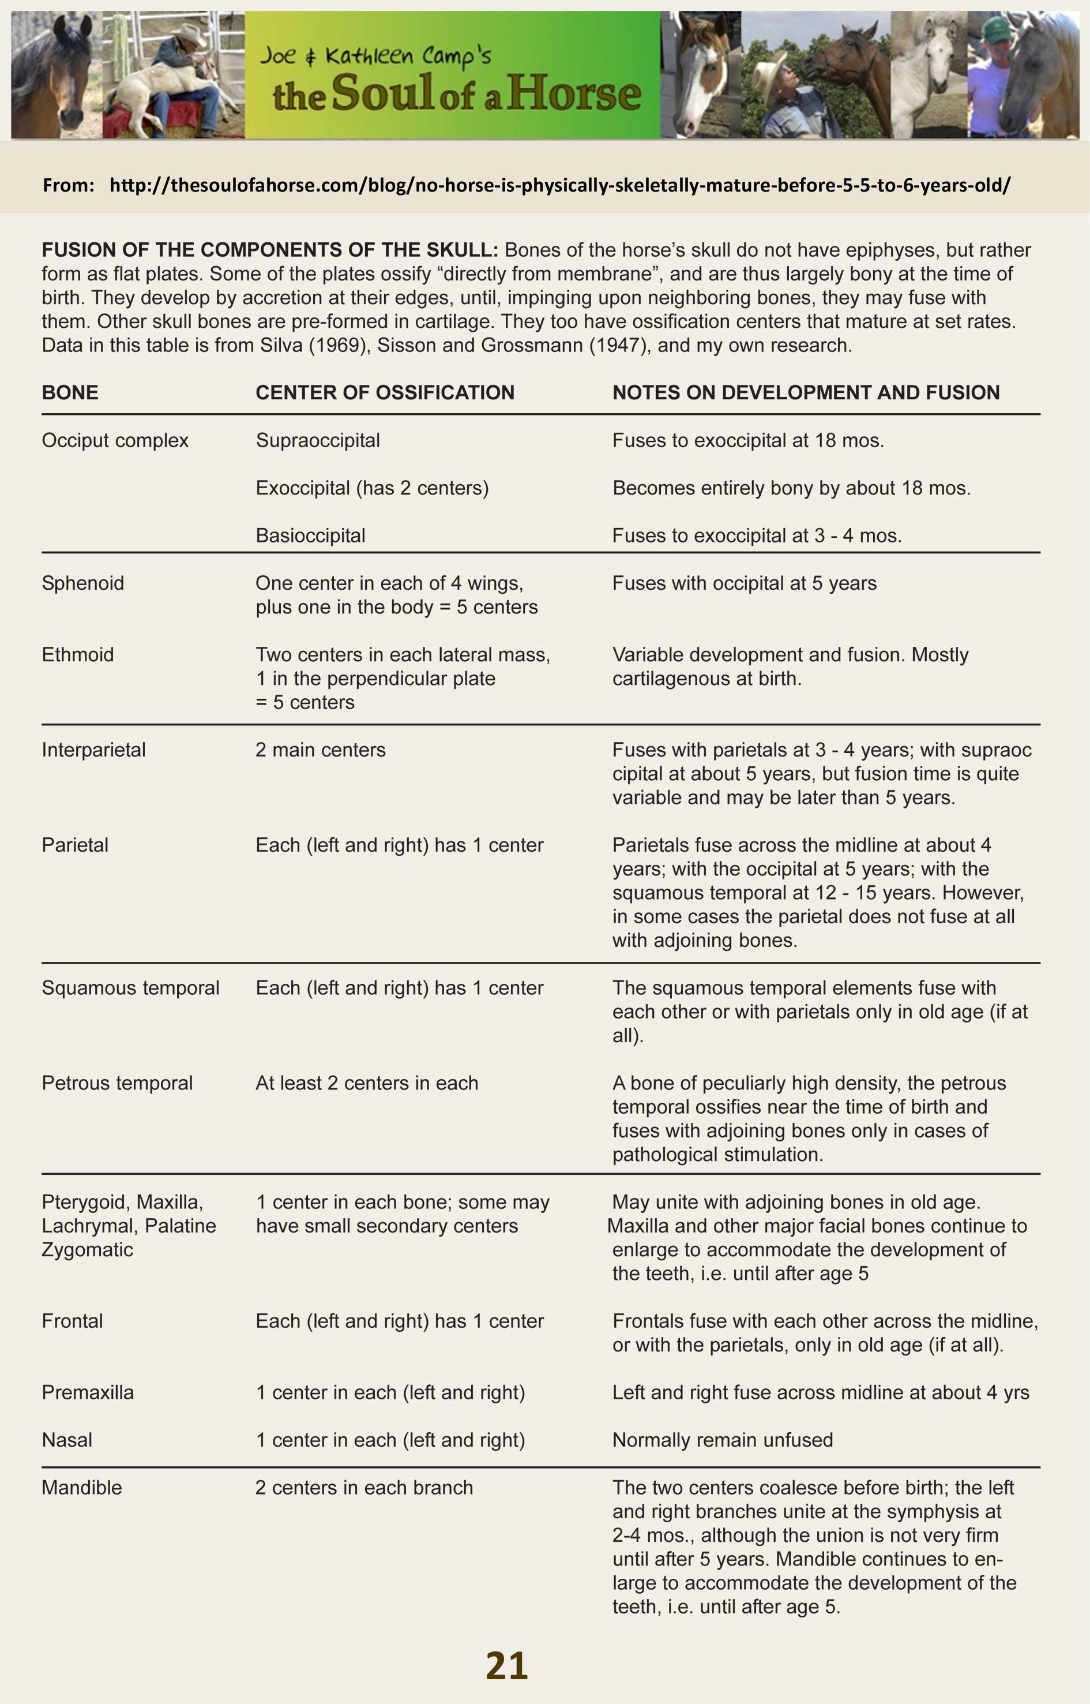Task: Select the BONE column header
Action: click(70, 392)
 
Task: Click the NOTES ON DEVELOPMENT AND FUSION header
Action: click(806, 392)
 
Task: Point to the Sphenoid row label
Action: click(83, 583)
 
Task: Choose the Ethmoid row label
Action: click(78, 654)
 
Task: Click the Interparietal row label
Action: click(93, 750)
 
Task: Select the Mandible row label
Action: click(81, 1487)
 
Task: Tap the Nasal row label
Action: click(67, 1440)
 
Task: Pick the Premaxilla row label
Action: click(88, 1392)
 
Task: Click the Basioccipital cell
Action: click(311, 535)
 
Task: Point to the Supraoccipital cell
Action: click(318, 440)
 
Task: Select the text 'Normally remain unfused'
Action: click(723, 1440)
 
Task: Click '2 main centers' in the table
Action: click(321, 750)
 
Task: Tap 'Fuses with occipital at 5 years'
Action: click(745, 583)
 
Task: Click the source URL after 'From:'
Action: click(560, 186)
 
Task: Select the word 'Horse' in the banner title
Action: click(574, 93)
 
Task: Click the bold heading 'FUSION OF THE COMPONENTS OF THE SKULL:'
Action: click(270, 250)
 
